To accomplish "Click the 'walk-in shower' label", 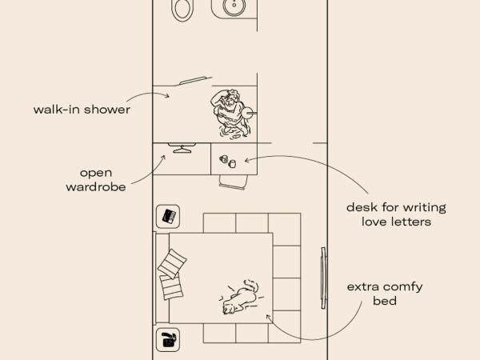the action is (82, 110).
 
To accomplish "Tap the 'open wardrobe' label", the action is (96, 180).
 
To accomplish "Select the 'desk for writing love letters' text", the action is (397, 214).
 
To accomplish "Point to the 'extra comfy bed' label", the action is (385, 294).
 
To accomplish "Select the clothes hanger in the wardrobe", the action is (182, 148).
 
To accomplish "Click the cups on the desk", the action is (228, 161).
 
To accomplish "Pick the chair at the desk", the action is (234, 182).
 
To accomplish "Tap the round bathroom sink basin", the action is (234, 6).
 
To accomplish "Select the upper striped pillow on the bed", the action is (172, 263).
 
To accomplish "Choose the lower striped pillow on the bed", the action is (171, 287).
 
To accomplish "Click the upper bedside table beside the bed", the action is (168, 217).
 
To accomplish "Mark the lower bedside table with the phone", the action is (168, 340).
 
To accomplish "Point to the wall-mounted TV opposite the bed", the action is (324, 278).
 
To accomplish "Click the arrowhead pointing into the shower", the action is (167, 96).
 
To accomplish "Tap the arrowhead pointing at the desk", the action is (246, 160).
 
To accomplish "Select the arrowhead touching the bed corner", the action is (269, 317).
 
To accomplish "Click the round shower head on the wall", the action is (247, 113).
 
